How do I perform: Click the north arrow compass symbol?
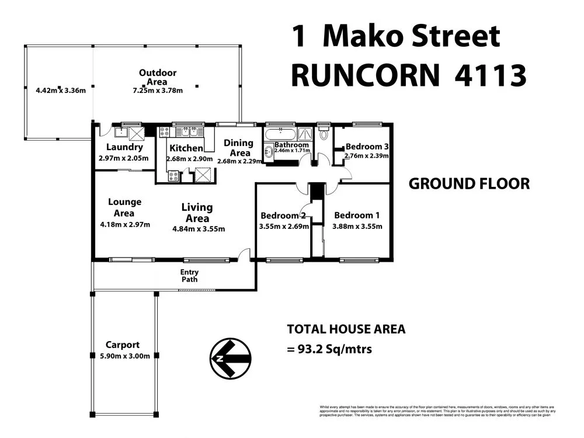pyautogui.click(x=230, y=358)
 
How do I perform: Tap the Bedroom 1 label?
pyautogui.click(x=357, y=214)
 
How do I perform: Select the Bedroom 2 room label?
pyautogui.click(x=283, y=214)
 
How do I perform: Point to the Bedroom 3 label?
pyautogui.click(x=367, y=147)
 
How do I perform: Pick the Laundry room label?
pyautogui.click(x=124, y=148)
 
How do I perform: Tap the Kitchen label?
pyautogui.click(x=186, y=148)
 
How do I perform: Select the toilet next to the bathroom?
pyautogui.click(x=324, y=134)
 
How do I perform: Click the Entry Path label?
pyautogui.click(x=189, y=276)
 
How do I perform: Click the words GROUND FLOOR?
pyautogui.click(x=469, y=184)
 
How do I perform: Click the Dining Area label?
pyautogui.click(x=238, y=147)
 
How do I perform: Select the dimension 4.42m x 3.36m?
pyautogui.click(x=57, y=91)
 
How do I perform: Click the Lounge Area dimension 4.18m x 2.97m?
pyautogui.click(x=124, y=224)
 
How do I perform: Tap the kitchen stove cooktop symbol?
pyautogui.click(x=173, y=175)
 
